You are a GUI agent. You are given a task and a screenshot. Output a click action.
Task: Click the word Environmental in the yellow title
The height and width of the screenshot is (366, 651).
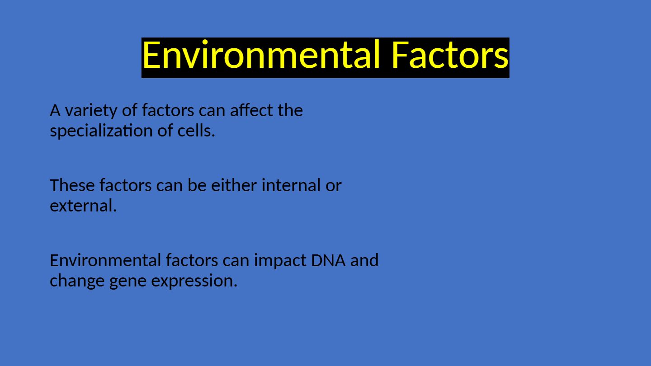261,55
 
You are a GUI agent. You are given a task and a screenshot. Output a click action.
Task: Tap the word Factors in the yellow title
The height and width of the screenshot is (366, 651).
450,55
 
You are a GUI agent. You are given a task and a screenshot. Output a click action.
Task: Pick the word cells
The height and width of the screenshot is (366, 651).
196,131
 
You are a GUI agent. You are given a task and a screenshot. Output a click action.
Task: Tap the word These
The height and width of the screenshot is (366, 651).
72,185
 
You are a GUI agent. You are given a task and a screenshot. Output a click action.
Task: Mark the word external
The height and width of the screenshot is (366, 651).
83,206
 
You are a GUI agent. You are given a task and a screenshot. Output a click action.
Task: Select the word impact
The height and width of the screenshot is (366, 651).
280,261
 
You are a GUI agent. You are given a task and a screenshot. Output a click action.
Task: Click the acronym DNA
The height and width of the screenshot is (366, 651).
328,260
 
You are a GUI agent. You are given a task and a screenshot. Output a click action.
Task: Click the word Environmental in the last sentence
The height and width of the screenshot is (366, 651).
105,260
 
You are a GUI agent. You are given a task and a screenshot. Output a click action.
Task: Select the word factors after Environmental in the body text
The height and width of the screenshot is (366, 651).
192,260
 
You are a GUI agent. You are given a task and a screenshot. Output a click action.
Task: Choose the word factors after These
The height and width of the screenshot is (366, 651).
125,185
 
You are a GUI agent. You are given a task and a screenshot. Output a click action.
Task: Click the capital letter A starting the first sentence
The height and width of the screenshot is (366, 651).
55,111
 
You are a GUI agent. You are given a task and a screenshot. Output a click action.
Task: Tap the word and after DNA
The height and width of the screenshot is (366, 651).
364,260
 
